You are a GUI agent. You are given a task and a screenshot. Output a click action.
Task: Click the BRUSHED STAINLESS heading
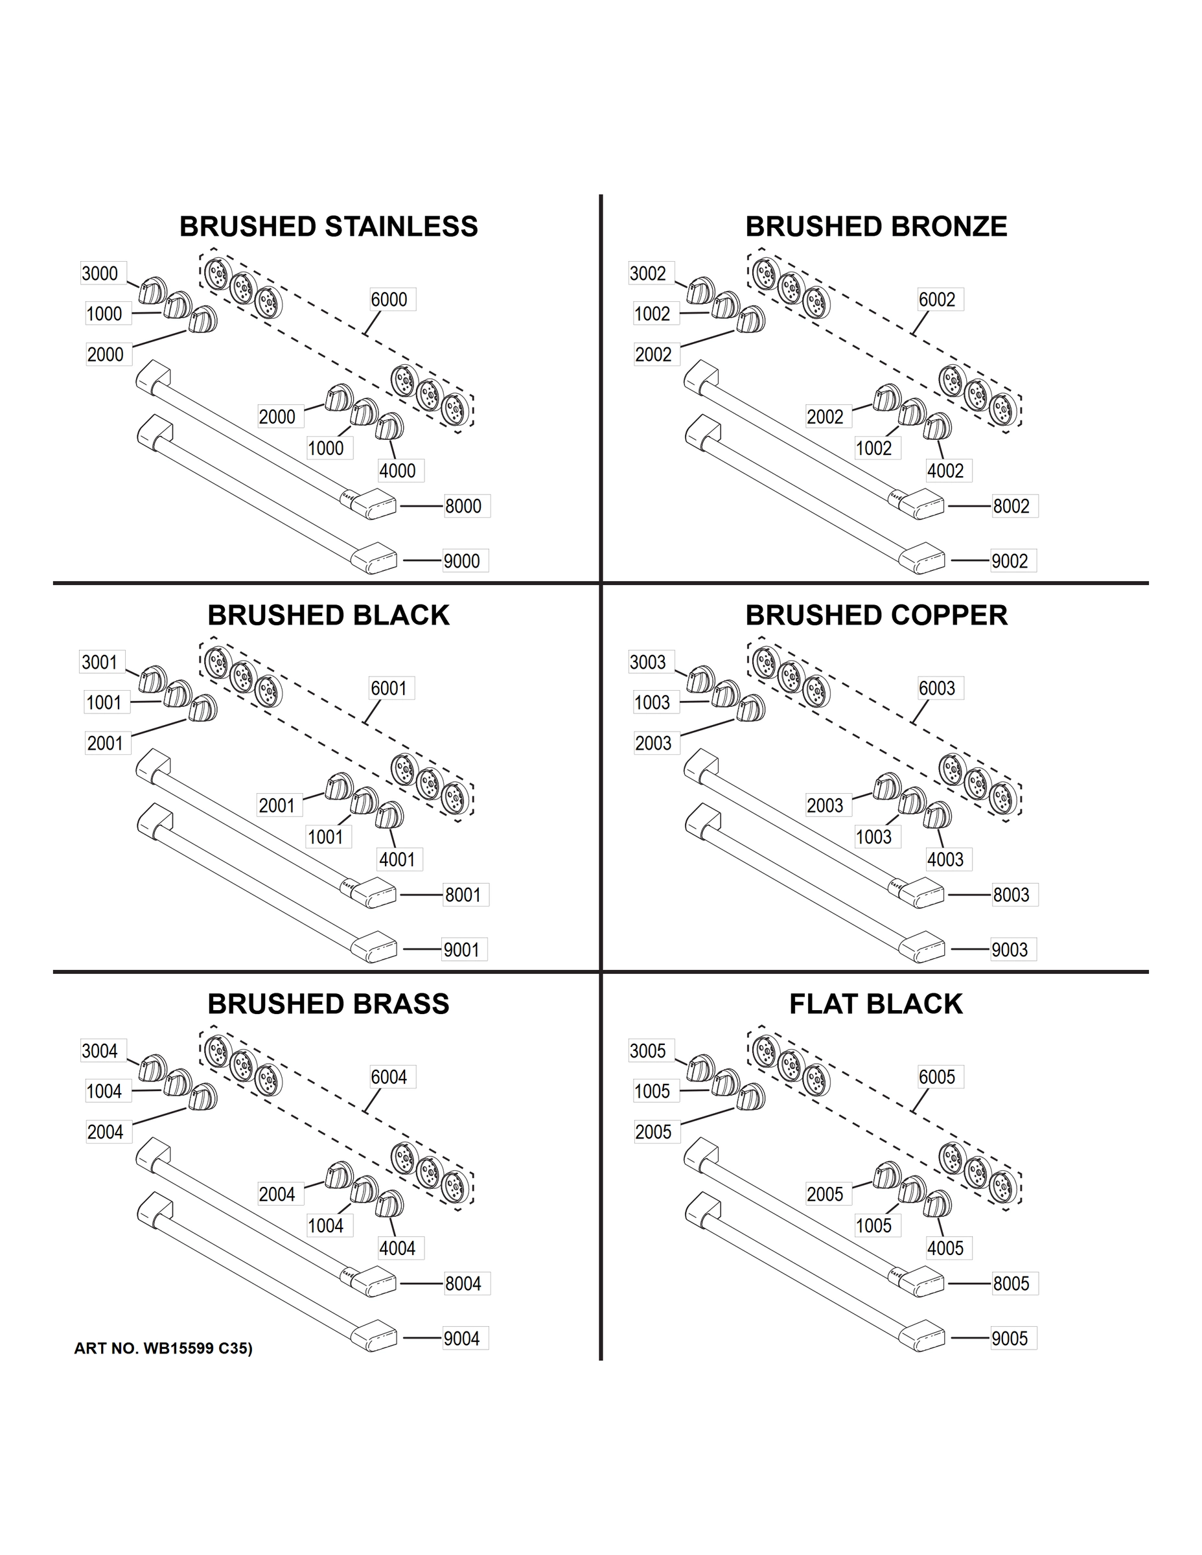click(x=329, y=226)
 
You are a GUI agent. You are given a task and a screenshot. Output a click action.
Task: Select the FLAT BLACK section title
click(x=875, y=1004)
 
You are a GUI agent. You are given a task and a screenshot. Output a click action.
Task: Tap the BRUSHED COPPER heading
click(x=876, y=615)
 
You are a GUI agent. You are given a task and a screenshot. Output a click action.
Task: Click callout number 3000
click(x=100, y=273)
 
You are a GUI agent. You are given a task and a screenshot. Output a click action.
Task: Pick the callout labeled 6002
click(x=936, y=300)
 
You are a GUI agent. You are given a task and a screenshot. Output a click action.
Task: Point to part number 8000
click(x=463, y=506)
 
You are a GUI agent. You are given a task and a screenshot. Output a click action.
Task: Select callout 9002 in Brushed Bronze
click(x=1010, y=561)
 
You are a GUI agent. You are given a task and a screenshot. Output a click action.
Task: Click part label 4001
click(x=397, y=859)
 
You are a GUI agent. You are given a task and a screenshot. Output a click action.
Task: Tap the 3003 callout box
click(x=647, y=662)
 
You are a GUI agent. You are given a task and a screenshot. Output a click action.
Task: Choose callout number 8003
click(x=1011, y=895)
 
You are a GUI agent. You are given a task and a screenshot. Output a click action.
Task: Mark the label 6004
click(x=389, y=1077)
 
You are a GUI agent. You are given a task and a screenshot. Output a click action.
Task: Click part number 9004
click(x=461, y=1339)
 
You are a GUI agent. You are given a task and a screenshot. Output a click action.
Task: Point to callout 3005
click(x=647, y=1051)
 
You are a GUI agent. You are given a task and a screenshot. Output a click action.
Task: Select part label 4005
click(x=945, y=1248)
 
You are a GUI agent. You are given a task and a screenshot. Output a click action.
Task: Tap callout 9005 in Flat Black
click(x=1010, y=1339)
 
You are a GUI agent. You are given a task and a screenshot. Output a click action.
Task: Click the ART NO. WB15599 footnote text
click(x=163, y=1349)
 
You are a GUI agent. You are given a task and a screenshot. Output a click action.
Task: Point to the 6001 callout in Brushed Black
click(x=389, y=689)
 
